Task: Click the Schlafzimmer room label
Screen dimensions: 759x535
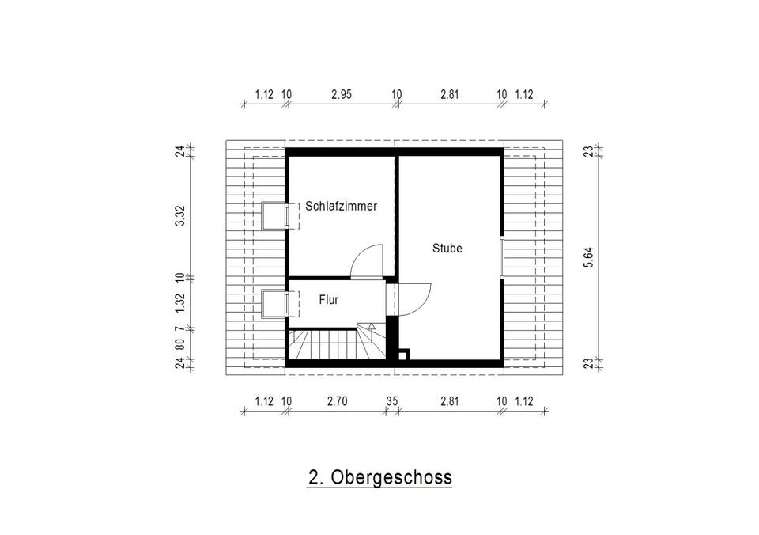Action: (x=341, y=206)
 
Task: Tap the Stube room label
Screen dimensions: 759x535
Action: (x=447, y=249)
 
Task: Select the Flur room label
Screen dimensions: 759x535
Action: (x=329, y=299)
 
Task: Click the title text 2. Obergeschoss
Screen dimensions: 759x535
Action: (x=379, y=477)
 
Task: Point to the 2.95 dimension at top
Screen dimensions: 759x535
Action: (x=342, y=94)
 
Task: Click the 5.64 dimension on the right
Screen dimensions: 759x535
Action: (x=588, y=257)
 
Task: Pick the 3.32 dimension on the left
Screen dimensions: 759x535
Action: (x=180, y=215)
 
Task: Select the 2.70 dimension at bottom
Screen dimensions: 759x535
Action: (x=337, y=401)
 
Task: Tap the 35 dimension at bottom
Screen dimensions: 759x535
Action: (x=391, y=401)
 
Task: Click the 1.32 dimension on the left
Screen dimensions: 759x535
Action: (x=180, y=303)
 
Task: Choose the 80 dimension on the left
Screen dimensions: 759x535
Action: (x=180, y=344)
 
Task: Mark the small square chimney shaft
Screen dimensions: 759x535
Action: (x=402, y=355)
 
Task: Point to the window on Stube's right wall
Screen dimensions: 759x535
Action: (x=502, y=257)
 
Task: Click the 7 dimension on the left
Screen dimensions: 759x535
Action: (x=180, y=328)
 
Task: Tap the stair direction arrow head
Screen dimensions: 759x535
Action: (x=372, y=326)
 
